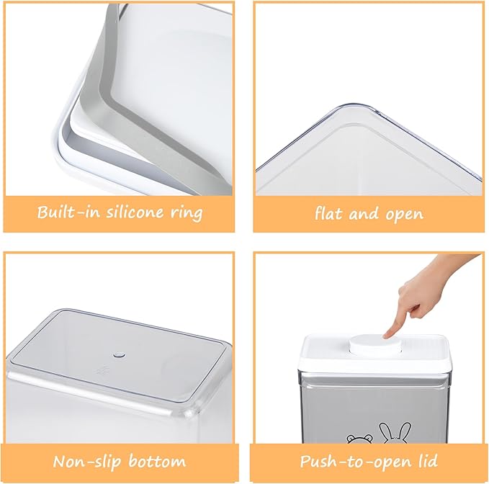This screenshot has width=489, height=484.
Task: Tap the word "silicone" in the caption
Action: tap(135, 212)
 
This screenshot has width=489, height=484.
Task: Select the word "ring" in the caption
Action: tap(187, 214)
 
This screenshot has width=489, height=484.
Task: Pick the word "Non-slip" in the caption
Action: tap(86, 461)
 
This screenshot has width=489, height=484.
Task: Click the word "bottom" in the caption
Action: tap(157, 461)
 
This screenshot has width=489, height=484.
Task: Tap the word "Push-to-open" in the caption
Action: tap(356, 462)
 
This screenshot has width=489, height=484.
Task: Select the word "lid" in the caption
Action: tap(428, 461)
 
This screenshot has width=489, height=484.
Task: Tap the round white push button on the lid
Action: tap(375, 346)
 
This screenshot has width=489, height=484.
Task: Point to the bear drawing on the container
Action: tap(360, 439)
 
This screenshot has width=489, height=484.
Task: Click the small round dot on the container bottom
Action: tap(119, 355)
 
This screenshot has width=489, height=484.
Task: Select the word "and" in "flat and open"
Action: tap(364, 214)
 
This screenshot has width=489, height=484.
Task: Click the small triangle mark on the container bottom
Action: tap(102, 370)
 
